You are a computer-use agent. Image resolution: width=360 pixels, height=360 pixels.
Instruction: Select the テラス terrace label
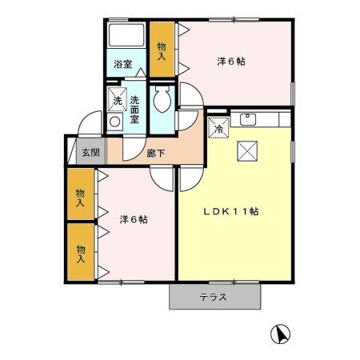[214, 298]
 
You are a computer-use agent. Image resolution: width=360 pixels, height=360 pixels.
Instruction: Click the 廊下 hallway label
[155, 153]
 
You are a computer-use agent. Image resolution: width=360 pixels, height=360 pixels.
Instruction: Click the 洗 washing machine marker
[117, 100]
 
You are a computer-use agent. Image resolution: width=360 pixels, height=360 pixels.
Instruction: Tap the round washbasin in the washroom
[114, 122]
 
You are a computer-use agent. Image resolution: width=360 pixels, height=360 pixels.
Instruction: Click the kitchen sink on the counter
[247, 120]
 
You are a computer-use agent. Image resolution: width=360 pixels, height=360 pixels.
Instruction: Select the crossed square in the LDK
[245, 150]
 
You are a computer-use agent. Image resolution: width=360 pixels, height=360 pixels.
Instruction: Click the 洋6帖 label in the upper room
[230, 60]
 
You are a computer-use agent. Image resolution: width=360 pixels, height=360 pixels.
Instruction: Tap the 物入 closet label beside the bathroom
[162, 51]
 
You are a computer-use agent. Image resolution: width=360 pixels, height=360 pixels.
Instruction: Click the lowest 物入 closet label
[81, 254]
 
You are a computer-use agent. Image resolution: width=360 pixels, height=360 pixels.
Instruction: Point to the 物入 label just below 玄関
[81, 198]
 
